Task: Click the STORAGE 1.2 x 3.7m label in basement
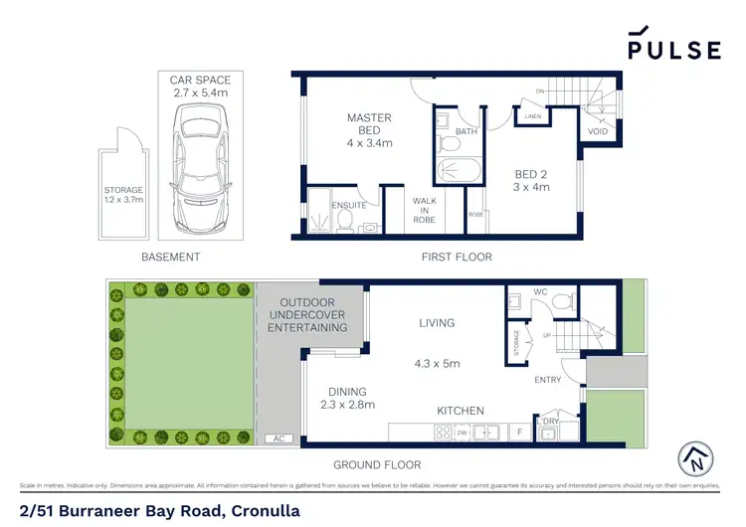tap(124, 195)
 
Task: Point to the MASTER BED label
tap(369, 130)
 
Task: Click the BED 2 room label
tap(529, 180)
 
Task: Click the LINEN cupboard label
tap(533, 117)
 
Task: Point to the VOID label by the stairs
tap(597, 129)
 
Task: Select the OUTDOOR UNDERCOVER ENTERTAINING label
tap(312, 314)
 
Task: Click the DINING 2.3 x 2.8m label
tap(347, 398)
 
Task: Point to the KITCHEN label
tap(460, 411)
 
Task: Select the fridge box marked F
tap(519, 433)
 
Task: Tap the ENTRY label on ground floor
tap(547, 380)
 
